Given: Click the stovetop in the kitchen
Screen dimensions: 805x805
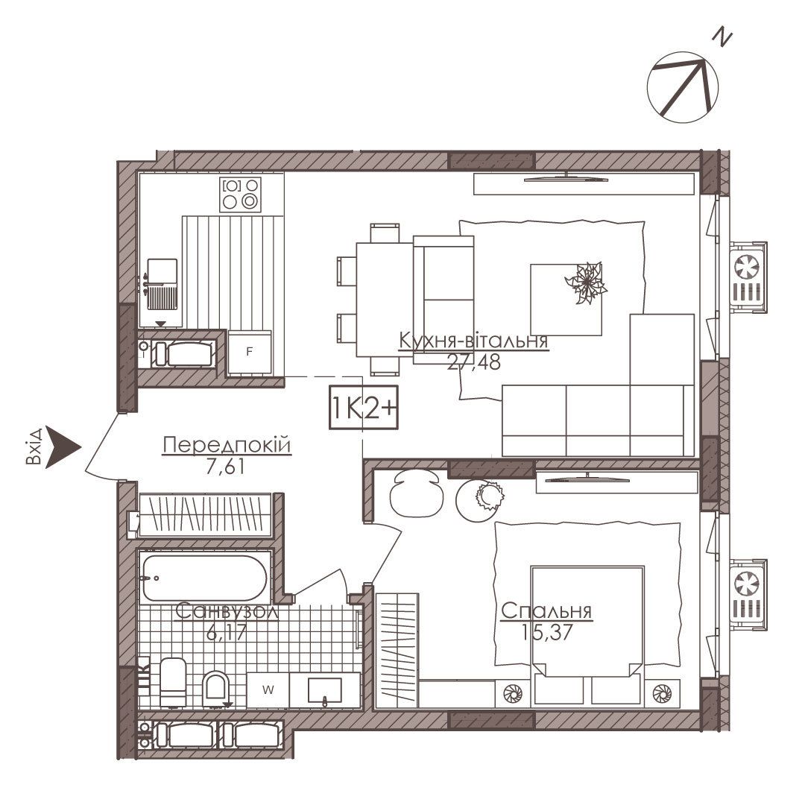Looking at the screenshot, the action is point(240,195).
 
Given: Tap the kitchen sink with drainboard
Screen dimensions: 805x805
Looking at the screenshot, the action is point(162,285).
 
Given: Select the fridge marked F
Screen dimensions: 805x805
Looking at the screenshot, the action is point(250,352).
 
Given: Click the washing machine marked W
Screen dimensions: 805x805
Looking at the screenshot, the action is point(268,690).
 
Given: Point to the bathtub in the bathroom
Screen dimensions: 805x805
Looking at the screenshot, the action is point(204,578).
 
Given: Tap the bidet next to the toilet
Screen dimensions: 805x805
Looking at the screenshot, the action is point(215,689).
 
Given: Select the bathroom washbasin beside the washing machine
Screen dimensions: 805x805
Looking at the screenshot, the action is point(324,690).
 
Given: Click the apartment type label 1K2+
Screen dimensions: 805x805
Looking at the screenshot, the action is point(364,407).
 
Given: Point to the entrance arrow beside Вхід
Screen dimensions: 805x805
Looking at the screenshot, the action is point(61,446).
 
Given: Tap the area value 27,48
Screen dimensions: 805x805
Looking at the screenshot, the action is point(473,362).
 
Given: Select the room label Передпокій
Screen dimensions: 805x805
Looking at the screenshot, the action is point(227,444).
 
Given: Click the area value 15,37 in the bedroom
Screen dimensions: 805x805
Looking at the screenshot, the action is point(546,632).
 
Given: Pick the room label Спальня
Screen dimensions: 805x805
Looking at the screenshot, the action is point(546,611).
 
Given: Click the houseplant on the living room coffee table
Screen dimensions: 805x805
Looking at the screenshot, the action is point(586,282).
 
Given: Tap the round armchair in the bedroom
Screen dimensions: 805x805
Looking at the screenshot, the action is point(416,492).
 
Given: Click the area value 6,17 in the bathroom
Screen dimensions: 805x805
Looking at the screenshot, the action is point(227,632).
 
